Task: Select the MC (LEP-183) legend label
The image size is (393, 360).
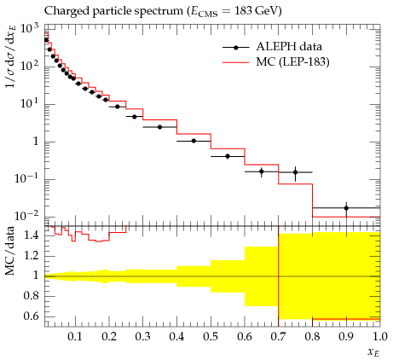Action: click(x=292, y=61)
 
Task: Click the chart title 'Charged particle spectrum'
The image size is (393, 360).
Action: click(x=113, y=11)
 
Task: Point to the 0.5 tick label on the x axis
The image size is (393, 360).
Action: click(x=211, y=336)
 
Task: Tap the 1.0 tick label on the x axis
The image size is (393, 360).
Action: click(x=379, y=336)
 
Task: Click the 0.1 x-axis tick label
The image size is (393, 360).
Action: click(x=75, y=336)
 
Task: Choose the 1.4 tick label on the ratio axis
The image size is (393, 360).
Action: click(x=32, y=235)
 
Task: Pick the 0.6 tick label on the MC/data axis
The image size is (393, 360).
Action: click(x=32, y=316)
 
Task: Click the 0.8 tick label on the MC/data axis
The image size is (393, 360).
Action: click(x=32, y=296)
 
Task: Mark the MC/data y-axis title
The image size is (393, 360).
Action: click(x=9, y=251)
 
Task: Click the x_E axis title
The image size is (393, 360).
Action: click(x=373, y=352)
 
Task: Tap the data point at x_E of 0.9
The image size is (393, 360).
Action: click(x=346, y=208)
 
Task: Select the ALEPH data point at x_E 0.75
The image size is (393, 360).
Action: click(x=295, y=172)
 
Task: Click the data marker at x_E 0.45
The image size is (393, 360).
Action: click(x=194, y=141)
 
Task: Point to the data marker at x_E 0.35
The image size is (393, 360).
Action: click(x=159, y=127)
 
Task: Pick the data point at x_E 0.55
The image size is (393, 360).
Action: click(x=228, y=156)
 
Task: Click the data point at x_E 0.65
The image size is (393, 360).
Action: click(x=262, y=171)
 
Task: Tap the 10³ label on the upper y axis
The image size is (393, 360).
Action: click(x=29, y=29)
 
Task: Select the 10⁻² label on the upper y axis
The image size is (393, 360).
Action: click(x=26, y=216)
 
